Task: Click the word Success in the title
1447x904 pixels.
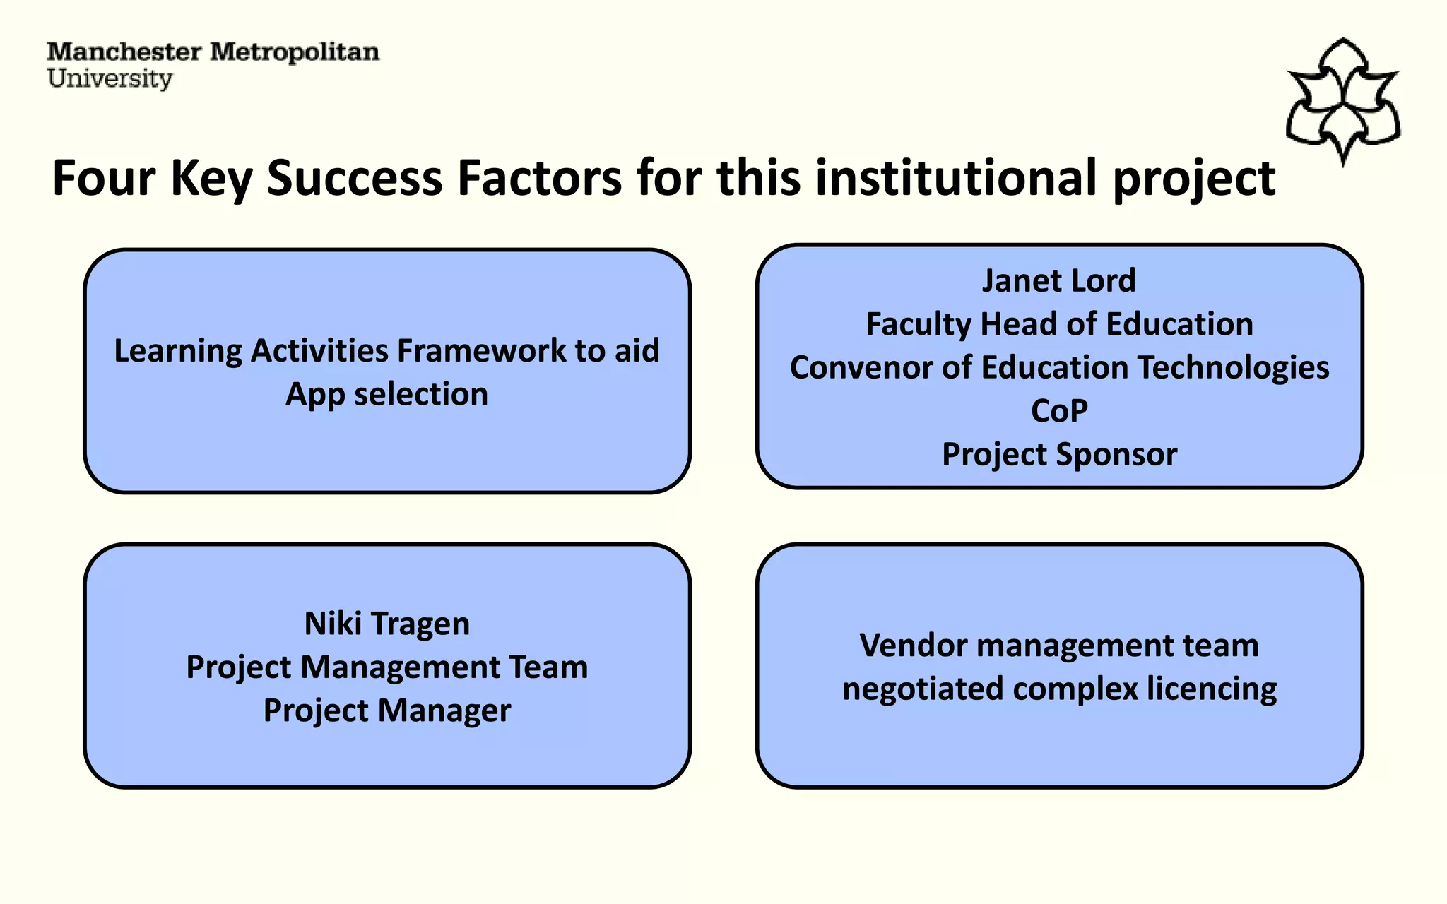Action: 354,177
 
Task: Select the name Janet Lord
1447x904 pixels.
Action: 1058,280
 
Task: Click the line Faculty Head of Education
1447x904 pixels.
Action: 1058,324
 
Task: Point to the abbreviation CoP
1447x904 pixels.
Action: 1058,411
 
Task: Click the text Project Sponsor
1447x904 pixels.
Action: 1058,454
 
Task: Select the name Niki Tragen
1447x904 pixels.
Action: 386,624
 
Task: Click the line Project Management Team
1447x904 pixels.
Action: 386,667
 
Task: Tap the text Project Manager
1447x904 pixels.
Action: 386,710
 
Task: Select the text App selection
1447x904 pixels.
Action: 386,394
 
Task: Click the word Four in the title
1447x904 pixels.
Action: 103,177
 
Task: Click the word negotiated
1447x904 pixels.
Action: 922,689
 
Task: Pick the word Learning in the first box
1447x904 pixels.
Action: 177,351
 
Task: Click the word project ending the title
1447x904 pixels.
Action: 1194,179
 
